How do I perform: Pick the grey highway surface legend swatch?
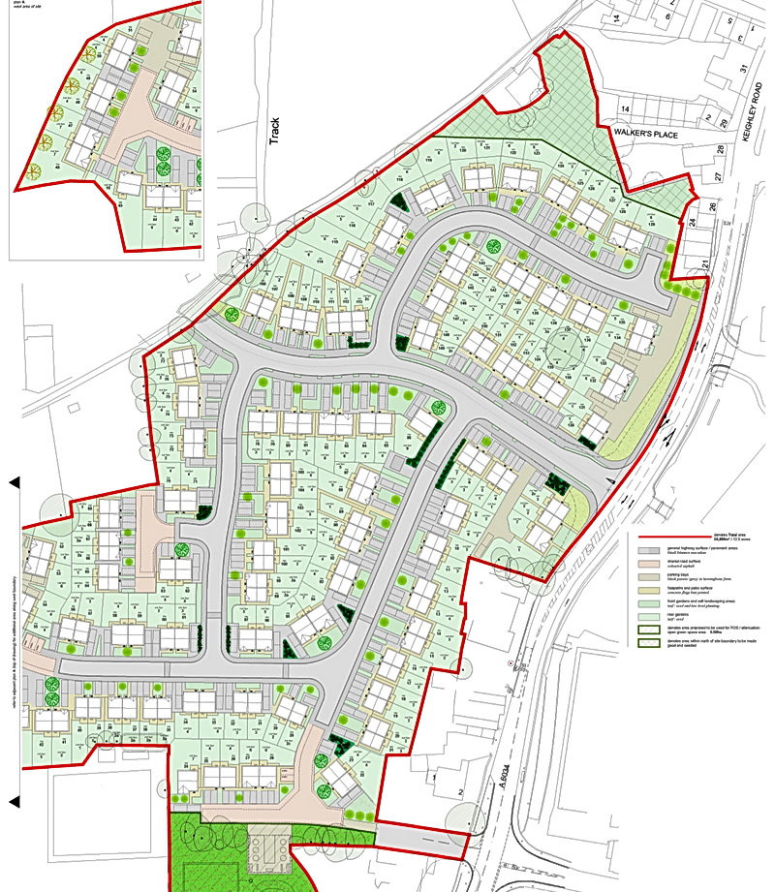[x=650, y=549]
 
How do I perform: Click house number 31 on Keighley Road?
[x=744, y=68]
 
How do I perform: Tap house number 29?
[x=722, y=120]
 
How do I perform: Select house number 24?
[x=693, y=222]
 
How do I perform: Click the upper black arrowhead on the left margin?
[x=15, y=481]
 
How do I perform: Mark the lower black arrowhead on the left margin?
[x=15, y=801]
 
